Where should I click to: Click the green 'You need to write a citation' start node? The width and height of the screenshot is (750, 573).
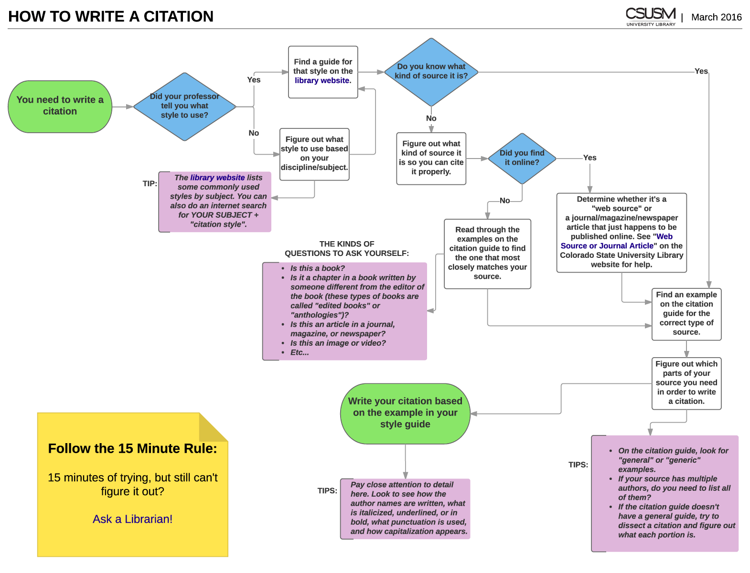coord(60,106)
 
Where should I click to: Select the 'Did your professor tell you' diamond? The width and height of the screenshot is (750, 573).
coord(184,106)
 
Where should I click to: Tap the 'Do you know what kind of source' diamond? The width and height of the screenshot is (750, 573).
coord(431,72)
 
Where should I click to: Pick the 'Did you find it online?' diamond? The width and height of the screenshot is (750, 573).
coord(522,158)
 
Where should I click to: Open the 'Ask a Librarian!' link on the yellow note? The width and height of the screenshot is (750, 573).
coord(132,519)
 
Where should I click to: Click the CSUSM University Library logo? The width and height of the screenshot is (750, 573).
coord(651,17)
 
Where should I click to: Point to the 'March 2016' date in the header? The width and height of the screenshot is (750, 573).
coord(716,17)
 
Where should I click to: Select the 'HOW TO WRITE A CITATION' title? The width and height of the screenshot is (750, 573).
coord(111,17)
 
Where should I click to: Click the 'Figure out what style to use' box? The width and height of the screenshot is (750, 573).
coord(314,154)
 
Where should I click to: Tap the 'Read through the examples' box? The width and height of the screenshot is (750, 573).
coord(487,253)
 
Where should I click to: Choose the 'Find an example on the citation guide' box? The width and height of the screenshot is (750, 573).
coord(686,314)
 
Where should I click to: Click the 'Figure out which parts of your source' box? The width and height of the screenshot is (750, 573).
coord(686,383)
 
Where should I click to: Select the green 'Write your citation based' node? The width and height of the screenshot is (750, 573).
coord(405,413)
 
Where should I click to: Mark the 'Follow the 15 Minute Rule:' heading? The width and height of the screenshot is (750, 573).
coord(132,449)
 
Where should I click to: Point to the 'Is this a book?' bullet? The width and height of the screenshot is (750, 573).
coord(317,268)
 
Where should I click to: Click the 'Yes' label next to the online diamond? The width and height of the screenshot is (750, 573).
coord(589,158)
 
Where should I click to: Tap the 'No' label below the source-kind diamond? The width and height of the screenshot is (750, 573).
coord(431,118)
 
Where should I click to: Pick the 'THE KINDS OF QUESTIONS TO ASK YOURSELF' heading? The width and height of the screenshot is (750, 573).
coord(347,249)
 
